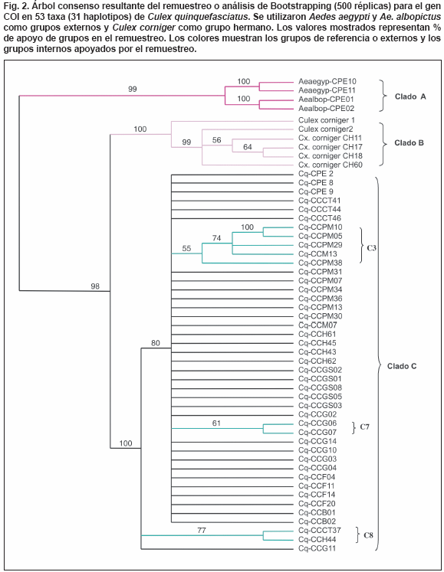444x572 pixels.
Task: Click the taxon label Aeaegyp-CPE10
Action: [x=327, y=81]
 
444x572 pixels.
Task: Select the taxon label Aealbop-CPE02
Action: [x=327, y=108]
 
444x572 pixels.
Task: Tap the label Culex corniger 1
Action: [x=327, y=120]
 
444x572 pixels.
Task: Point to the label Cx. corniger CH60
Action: [x=331, y=165]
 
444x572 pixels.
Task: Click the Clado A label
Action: [x=410, y=96]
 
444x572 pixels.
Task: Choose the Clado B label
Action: [x=409, y=143]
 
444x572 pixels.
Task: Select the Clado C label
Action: [x=402, y=366]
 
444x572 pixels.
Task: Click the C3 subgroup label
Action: [x=371, y=248]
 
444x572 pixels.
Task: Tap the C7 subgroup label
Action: [x=365, y=427]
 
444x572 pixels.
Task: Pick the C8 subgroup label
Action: [x=368, y=535]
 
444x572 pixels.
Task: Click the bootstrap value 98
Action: [x=95, y=286]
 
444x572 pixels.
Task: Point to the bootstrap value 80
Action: [x=156, y=343]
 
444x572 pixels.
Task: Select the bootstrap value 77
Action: [x=202, y=531]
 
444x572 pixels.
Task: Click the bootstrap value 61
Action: [x=216, y=423]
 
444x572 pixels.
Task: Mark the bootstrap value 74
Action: [x=217, y=238]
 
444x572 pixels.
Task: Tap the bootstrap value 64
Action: [x=248, y=147]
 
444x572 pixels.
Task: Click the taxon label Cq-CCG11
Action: [x=317, y=548]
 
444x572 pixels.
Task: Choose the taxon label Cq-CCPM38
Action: [x=320, y=263]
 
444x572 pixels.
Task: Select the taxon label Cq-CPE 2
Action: [x=316, y=174]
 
